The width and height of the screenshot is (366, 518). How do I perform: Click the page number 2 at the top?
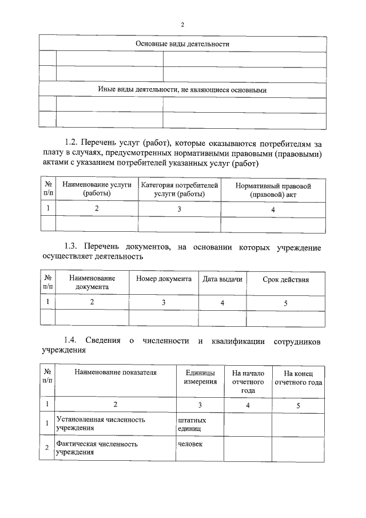click(x=182, y=25)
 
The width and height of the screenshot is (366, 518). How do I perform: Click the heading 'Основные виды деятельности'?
click(x=182, y=44)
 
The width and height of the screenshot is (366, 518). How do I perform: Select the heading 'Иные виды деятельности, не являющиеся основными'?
click(x=182, y=90)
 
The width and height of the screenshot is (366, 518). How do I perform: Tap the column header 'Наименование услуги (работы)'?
click(x=97, y=189)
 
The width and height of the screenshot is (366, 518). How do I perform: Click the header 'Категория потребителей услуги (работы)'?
click(x=180, y=189)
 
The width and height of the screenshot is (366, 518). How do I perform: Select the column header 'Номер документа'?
click(x=164, y=279)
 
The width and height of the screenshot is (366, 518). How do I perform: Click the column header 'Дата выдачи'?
click(x=222, y=279)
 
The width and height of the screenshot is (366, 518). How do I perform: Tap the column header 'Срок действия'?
click(x=285, y=280)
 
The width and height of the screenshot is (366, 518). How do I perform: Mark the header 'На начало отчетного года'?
click(x=248, y=382)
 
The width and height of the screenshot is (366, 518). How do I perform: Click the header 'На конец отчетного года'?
click(x=298, y=378)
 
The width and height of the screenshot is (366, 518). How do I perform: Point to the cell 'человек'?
click(x=190, y=444)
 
